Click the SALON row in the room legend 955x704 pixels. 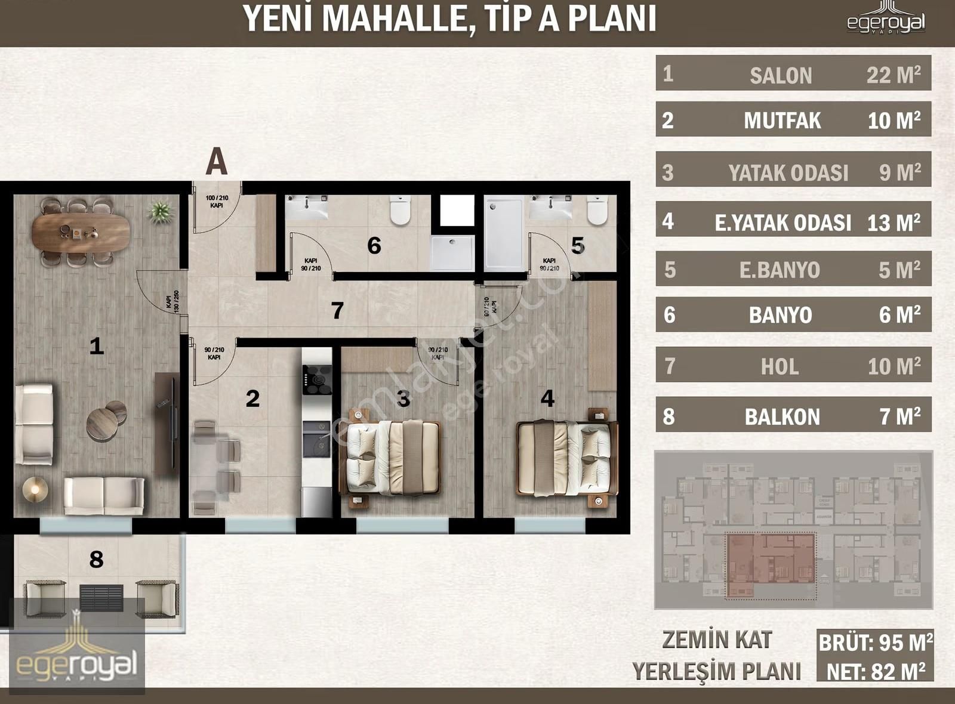793,74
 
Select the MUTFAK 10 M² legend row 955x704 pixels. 793,120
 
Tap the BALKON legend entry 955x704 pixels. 793,416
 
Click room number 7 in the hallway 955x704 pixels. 337,310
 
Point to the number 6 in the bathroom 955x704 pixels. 374,245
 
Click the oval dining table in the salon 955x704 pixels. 81,232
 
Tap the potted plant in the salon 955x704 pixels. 160,211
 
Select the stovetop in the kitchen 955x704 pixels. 316,379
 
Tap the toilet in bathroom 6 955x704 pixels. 401,210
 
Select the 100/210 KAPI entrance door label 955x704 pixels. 217,202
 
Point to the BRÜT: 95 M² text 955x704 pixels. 875,643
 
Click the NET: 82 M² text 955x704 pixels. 875,672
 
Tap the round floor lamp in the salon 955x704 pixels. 35,489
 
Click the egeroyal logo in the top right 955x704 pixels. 886,20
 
